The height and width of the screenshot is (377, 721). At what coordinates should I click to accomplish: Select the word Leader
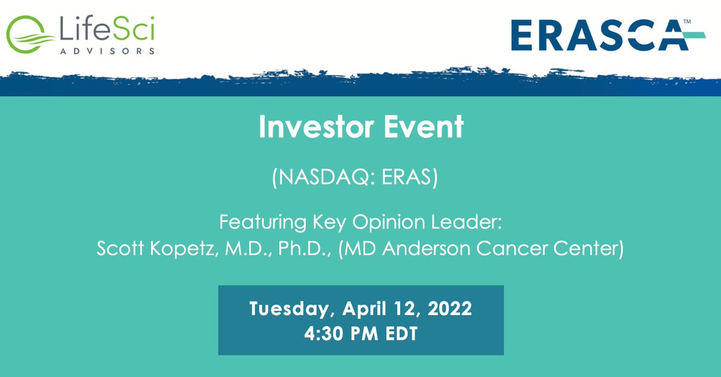(x=469, y=222)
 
